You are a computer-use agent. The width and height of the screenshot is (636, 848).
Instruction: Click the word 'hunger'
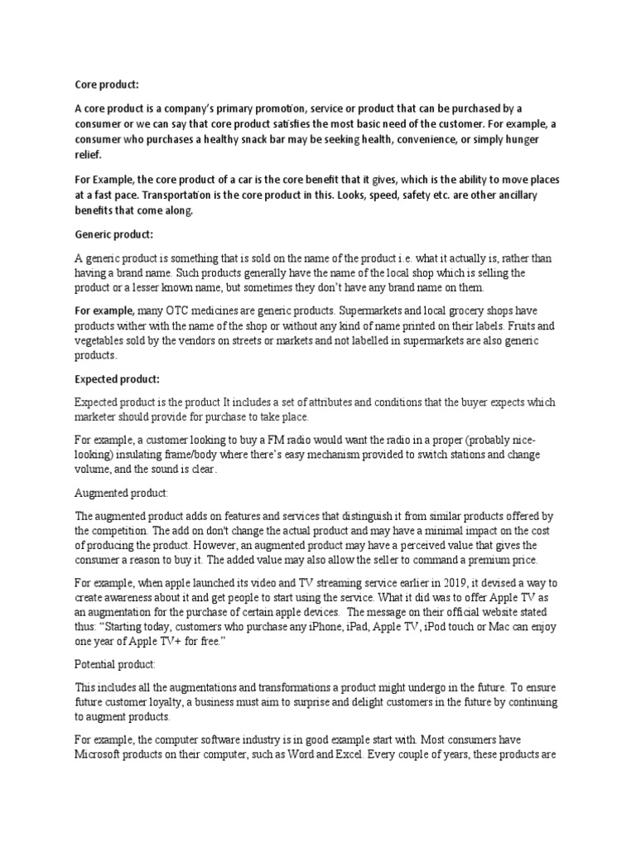pyautogui.click(x=520, y=139)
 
